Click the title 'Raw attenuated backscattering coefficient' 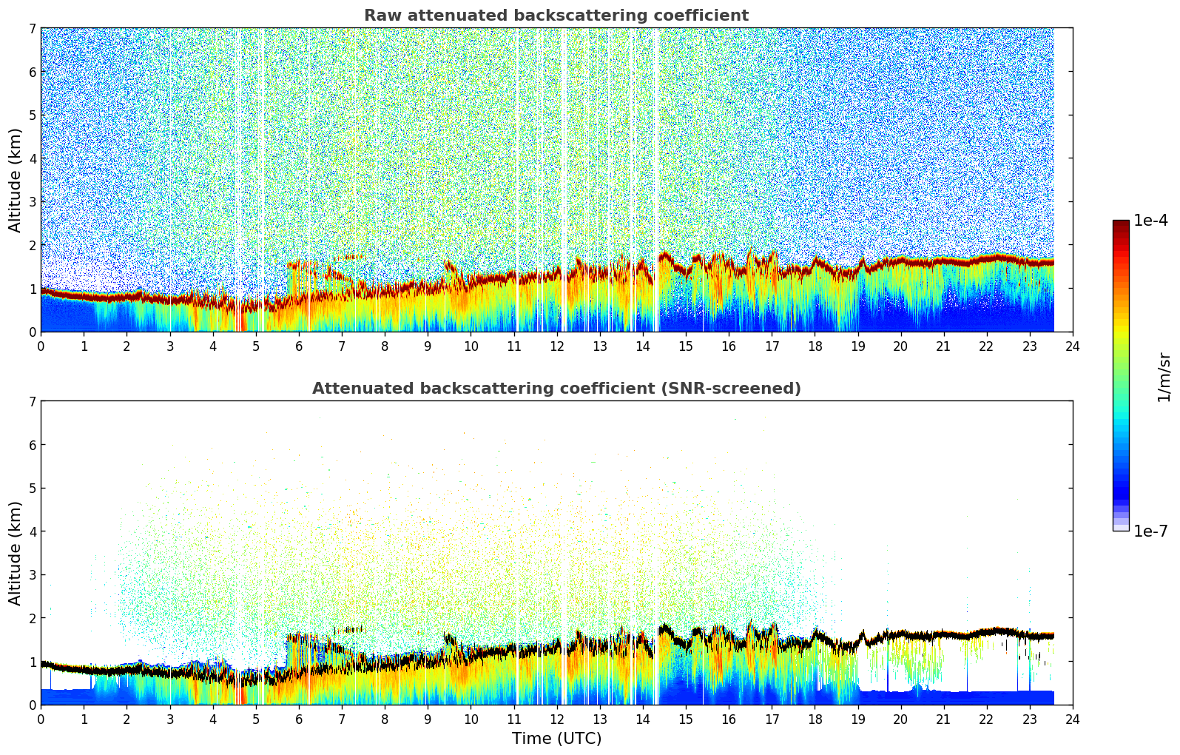click(x=556, y=16)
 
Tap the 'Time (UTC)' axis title click(x=556, y=739)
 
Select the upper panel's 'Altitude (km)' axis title click(x=15, y=180)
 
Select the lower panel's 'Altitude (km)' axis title click(x=15, y=553)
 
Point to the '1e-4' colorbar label click(x=1150, y=221)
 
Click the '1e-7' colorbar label click(x=1150, y=531)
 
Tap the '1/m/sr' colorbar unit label click(x=1164, y=377)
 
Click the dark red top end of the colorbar click(x=1120, y=224)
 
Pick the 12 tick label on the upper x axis click(x=556, y=346)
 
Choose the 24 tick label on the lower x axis click(x=1073, y=719)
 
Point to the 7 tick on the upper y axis click(x=32, y=29)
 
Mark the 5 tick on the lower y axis click(x=32, y=489)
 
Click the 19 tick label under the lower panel click(x=857, y=719)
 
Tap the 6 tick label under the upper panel click(x=299, y=346)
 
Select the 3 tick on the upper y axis click(x=32, y=202)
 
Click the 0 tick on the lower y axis click(x=32, y=705)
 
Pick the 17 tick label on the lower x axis click(x=772, y=719)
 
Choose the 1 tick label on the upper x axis click(x=84, y=346)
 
